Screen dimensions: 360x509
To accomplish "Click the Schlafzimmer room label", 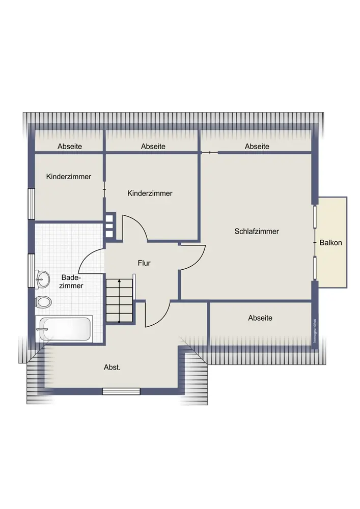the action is (257, 232).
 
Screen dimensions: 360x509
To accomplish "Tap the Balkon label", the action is (331, 242).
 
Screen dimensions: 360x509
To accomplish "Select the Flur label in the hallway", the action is (144, 263).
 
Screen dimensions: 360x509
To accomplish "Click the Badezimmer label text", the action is (71, 282).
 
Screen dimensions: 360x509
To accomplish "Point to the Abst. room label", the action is (112, 367).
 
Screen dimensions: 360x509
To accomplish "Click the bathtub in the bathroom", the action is (66, 329).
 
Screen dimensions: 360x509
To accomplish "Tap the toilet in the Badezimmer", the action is (43, 302).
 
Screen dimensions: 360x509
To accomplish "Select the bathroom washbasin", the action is (43, 279).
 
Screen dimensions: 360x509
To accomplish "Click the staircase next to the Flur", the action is (120, 301).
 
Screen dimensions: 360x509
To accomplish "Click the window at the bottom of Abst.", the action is (121, 391).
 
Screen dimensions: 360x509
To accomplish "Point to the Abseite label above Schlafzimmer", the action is (257, 147).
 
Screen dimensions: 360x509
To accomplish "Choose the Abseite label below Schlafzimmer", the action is (260, 318).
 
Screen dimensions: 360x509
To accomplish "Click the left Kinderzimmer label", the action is (69, 177).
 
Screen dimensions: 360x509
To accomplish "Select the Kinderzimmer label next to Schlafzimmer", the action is (150, 193).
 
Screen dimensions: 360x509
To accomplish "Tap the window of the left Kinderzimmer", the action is (31, 204).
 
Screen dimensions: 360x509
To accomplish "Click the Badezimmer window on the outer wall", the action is (31, 271).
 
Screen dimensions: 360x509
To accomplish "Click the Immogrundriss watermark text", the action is (314, 331).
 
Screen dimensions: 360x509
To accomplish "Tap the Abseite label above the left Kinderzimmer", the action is (69, 147).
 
